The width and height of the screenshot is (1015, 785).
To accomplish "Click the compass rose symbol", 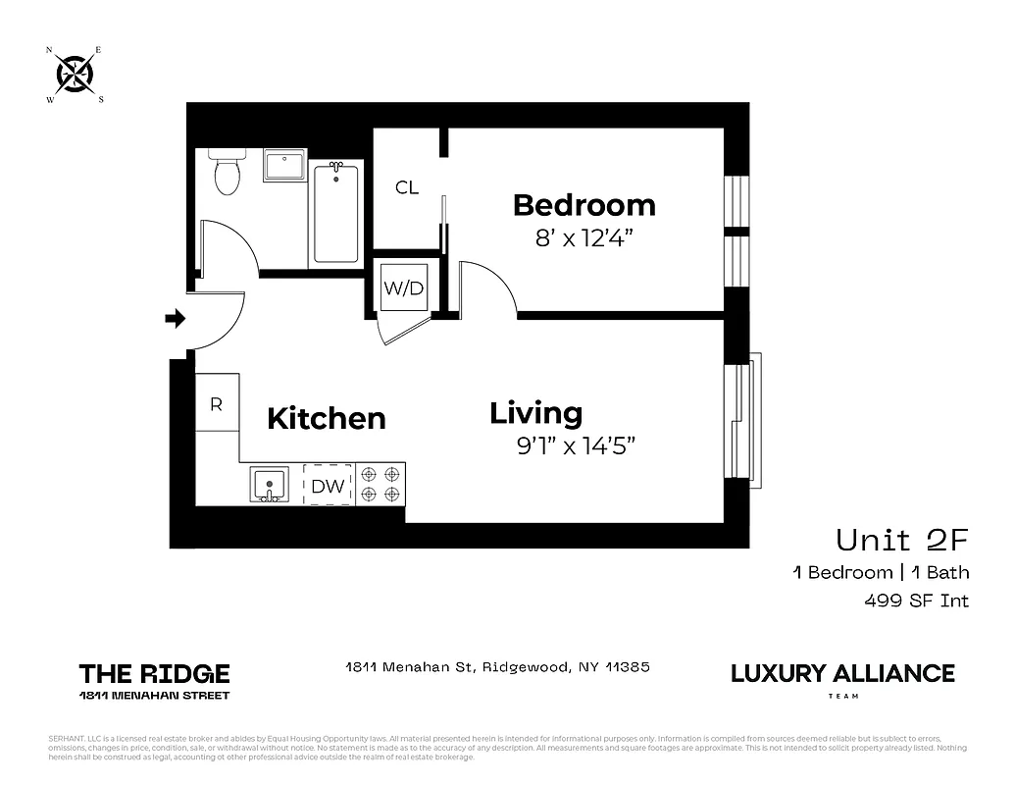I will (74, 73).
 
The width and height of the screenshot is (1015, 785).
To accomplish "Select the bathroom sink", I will (285, 165).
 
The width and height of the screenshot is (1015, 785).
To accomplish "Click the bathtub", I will (336, 213).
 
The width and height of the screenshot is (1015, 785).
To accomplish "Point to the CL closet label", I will (407, 187).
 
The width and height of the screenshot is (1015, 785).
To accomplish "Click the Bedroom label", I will (584, 205).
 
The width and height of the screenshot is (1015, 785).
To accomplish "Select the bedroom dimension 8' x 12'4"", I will (584, 237).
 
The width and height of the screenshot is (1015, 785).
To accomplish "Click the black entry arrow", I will (176, 318).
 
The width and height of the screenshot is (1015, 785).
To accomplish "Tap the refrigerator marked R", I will (217, 402).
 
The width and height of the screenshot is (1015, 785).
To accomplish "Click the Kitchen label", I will (326, 418).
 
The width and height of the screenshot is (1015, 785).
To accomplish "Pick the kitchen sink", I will (268, 485).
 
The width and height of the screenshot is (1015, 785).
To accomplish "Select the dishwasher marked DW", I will (328, 485).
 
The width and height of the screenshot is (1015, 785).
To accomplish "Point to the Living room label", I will (535, 413).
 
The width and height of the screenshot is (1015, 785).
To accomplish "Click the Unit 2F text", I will (901, 540).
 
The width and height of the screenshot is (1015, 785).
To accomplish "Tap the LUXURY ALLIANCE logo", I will (842, 674).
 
